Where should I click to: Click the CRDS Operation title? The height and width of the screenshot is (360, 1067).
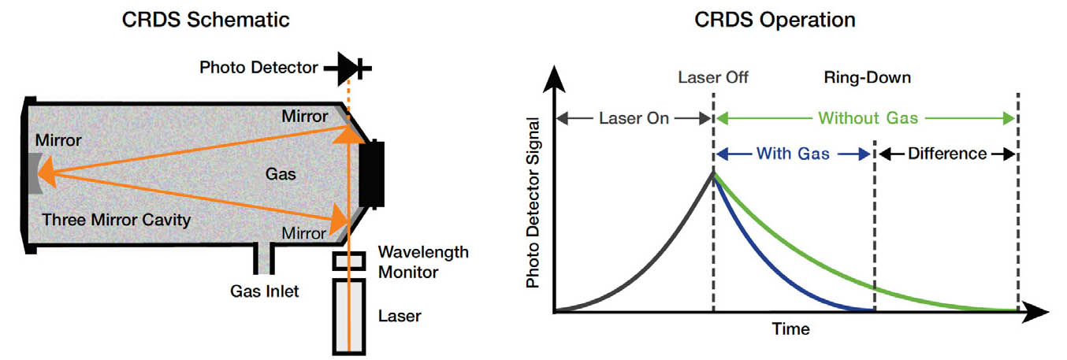tap(775, 20)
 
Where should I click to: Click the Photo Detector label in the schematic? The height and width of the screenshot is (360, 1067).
tap(258, 68)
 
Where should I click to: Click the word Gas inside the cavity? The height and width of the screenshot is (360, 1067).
tap(281, 174)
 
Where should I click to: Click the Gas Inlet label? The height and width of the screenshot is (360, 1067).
tap(264, 292)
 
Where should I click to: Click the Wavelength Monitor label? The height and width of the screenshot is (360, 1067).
tap(423, 262)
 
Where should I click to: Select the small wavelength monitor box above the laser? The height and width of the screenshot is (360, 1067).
tap(347, 261)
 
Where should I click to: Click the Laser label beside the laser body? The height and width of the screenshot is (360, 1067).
tap(399, 317)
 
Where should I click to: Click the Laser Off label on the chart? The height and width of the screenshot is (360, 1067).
tap(712, 78)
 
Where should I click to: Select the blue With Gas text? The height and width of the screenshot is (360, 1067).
tap(793, 154)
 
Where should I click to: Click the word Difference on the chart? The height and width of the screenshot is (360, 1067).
tap(946, 154)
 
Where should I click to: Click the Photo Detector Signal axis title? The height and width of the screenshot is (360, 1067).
tap(533, 203)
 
